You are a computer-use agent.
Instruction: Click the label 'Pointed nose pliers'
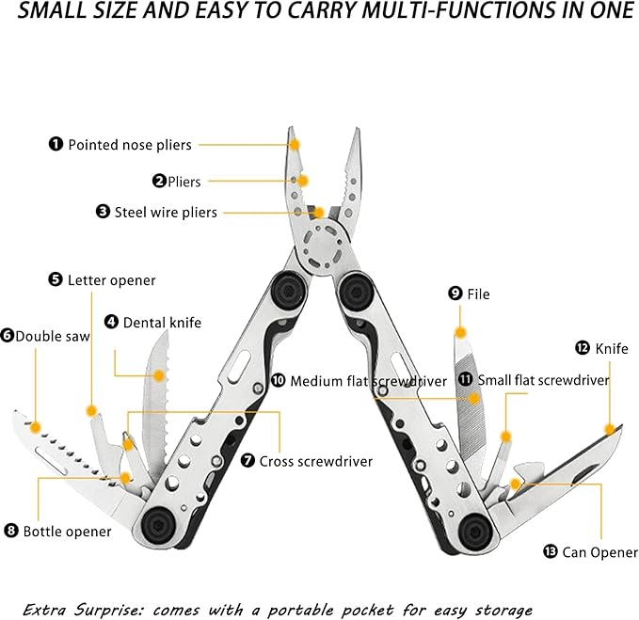(x=129, y=145)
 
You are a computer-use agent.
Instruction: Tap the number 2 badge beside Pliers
(x=160, y=181)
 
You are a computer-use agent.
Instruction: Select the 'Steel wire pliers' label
(x=166, y=213)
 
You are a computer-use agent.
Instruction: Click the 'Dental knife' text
(x=162, y=322)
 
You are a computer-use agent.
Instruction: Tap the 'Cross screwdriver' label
(x=315, y=461)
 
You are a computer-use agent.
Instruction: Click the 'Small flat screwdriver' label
(x=543, y=380)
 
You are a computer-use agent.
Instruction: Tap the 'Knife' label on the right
(x=611, y=348)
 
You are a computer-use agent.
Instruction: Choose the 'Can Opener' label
(x=599, y=552)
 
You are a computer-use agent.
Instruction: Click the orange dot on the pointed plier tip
(x=295, y=145)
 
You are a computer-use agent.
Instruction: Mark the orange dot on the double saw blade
(x=36, y=427)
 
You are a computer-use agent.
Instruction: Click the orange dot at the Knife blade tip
(x=610, y=429)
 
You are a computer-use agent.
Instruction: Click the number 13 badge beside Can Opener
(x=550, y=552)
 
